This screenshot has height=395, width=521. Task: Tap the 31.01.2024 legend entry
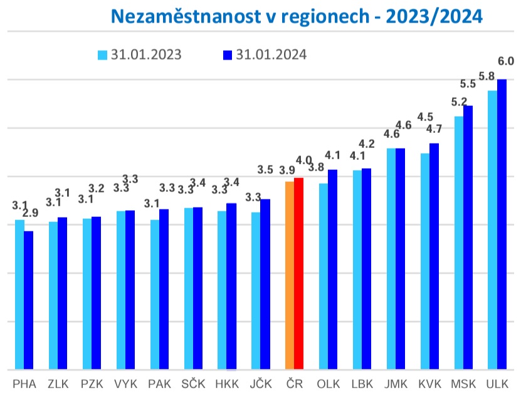[265, 55]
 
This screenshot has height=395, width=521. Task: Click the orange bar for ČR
[290, 276]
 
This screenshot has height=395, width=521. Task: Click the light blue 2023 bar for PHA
[20, 295]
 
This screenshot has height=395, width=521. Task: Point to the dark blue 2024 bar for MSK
[468, 238]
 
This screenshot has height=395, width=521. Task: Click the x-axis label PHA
[24, 384]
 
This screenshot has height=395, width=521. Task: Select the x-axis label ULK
[497, 384]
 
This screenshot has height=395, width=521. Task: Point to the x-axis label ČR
[294, 384]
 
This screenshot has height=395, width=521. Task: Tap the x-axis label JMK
[396, 384]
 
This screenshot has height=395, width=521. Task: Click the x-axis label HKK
[227, 384]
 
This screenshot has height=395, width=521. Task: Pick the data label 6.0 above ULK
[505, 61]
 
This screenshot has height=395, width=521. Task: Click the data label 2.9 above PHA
[30, 213]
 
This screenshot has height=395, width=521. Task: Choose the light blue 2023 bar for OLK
[324, 276]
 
